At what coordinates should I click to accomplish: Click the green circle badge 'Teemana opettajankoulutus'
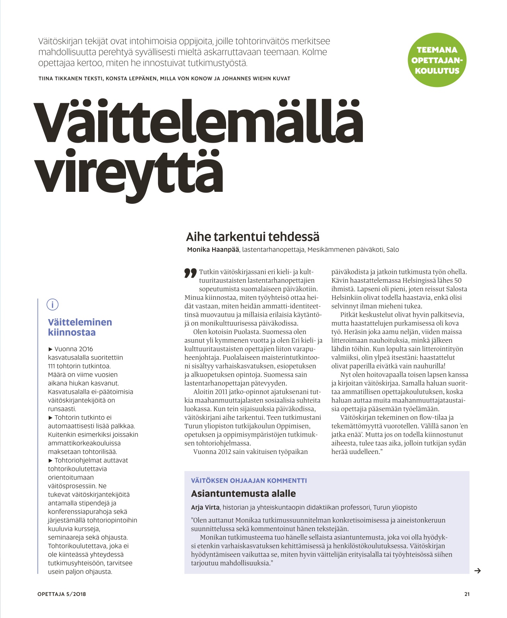pyautogui.click(x=437, y=60)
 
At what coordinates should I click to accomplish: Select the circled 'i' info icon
pyautogui.click(x=53, y=304)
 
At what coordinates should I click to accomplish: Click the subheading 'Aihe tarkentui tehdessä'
pyautogui.click(x=253, y=237)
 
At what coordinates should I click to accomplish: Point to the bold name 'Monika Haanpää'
pyautogui.click(x=213, y=250)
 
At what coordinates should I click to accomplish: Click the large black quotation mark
pyautogui.click(x=191, y=273)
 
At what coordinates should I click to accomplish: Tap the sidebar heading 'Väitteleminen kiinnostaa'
pyautogui.click(x=80, y=327)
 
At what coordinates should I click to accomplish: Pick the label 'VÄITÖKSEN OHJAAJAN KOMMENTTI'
pyautogui.click(x=249, y=480)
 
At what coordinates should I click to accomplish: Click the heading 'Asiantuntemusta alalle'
pyautogui.click(x=243, y=493)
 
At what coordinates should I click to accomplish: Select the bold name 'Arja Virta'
pyautogui.click(x=205, y=507)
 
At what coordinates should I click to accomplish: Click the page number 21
pyautogui.click(x=467, y=594)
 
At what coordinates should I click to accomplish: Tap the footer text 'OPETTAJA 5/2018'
pyautogui.click(x=62, y=594)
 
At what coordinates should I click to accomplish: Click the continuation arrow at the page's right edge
pyautogui.click(x=478, y=570)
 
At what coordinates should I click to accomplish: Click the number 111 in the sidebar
pyautogui.click(x=52, y=366)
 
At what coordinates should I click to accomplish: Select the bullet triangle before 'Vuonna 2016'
pyautogui.click(x=50, y=349)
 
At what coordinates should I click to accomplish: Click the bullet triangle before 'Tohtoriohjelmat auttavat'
pyautogui.click(x=50, y=461)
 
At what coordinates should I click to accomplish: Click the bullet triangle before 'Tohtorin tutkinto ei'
pyautogui.click(x=50, y=418)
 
